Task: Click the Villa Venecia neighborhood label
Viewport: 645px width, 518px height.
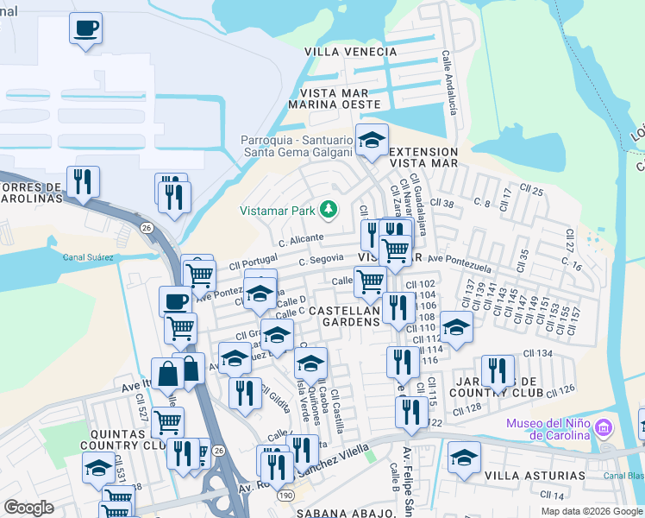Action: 350,52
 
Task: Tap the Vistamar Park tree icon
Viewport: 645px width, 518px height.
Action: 328,209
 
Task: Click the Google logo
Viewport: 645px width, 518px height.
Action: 28,507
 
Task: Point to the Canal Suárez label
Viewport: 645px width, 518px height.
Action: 89,256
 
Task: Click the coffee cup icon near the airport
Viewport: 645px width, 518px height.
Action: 85,28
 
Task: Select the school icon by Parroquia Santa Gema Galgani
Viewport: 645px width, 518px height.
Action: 372,139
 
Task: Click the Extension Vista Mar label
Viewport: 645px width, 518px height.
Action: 423,156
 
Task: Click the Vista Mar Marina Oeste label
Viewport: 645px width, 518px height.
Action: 340,98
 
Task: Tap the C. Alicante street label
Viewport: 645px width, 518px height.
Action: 301,237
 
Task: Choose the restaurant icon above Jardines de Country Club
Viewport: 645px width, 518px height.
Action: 498,371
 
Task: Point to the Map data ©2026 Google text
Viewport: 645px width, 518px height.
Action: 592,510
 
